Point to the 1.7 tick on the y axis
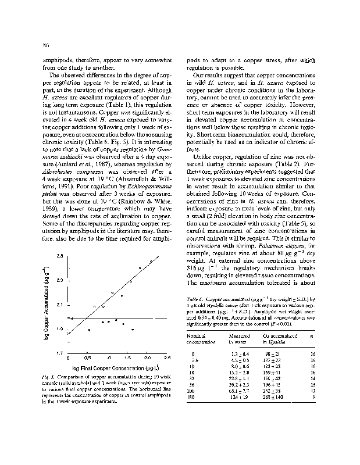pyautogui.click(x=60, y=353)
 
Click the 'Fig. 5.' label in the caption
pyautogui.click(x=50, y=377)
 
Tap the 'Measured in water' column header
pyautogui.click(x=240, y=339)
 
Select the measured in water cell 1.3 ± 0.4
pyautogui.click(x=239, y=354)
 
